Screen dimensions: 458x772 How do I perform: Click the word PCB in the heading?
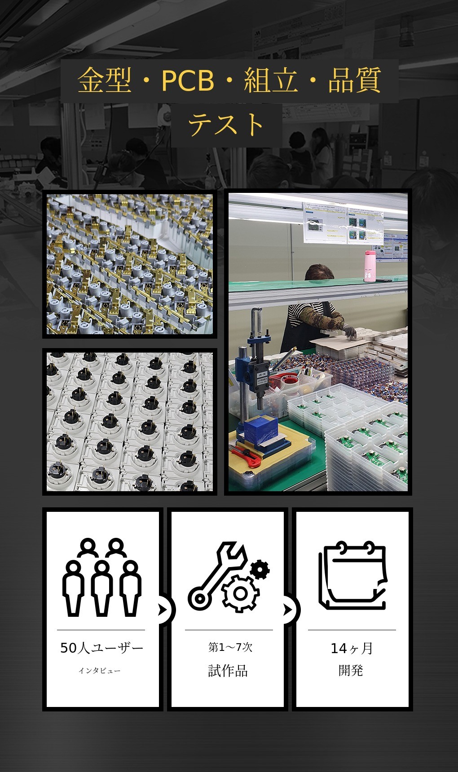[188, 81]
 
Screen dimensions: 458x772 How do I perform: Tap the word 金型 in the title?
[105, 81]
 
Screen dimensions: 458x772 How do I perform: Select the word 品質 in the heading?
[355, 81]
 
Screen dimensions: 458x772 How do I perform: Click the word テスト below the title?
[226, 125]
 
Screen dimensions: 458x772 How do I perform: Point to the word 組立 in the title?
[271, 81]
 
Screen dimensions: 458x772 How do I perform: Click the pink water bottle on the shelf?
[370, 266]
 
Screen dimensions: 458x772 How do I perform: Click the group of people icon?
[102, 577]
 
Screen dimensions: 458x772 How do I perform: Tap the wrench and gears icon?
[229, 577]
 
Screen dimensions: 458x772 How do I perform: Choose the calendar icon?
[353, 576]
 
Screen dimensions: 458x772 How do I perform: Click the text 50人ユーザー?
[102, 648]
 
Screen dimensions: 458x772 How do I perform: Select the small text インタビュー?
[100, 671]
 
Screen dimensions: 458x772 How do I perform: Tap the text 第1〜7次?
[230, 647]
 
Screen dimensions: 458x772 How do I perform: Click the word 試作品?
[228, 671]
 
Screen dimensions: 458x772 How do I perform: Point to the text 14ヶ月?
[352, 648]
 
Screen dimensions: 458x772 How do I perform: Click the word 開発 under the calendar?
[351, 670]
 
